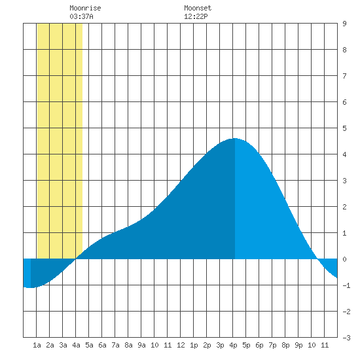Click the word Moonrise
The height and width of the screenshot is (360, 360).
[x=85, y=8]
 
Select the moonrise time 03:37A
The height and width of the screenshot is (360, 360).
[x=82, y=16]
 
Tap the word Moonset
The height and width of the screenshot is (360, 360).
[x=198, y=8]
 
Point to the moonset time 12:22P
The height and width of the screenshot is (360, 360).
[x=196, y=16]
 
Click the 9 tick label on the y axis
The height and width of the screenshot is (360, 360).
[x=344, y=24]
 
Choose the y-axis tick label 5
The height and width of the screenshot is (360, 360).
[x=344, y=128]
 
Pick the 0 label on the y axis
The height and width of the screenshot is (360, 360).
[x=344, y=259]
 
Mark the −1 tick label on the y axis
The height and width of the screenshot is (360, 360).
[x=346, y=285]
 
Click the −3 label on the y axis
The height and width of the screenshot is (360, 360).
[x=346, y=338]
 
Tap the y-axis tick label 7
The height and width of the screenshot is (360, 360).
[x=344, y=76]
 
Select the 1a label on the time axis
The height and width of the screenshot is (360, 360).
[x=37, y=345]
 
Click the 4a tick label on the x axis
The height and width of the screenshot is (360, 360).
[x=76, y=345]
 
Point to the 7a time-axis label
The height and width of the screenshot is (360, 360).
[x=115, y=345]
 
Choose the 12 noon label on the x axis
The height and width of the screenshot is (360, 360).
[x=181, y=345]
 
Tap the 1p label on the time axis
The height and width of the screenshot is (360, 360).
[x=194, y=345]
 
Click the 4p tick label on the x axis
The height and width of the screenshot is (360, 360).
[x=233, y=345]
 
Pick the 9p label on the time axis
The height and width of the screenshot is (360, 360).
[x=298, y=345]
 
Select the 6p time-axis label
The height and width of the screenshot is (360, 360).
[x=259, y=345]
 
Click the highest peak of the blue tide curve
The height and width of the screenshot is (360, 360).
[x=235, y=139]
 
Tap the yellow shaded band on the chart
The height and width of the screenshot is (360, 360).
[x=60, y=141]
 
